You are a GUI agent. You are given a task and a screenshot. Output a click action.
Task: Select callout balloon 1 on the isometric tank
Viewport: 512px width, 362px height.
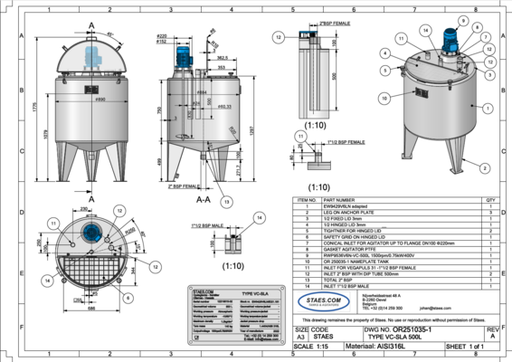coord(487,107)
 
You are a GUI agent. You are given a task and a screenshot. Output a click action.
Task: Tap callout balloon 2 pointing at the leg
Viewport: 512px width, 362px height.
coord(486,168)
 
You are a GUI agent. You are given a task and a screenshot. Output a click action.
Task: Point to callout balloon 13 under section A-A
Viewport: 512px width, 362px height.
coord(226,201)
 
